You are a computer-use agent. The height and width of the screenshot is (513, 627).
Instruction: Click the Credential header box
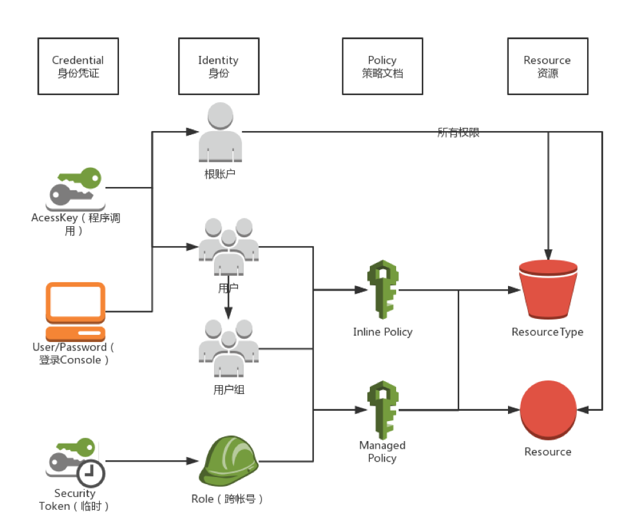[78, 66]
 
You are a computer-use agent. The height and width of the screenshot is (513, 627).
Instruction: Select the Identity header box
[219, 66]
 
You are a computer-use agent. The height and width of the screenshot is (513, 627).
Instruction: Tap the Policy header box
[382, 66]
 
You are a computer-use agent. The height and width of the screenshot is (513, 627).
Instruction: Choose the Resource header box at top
[547, 66]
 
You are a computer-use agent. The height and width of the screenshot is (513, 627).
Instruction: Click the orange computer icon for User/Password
[75, 311]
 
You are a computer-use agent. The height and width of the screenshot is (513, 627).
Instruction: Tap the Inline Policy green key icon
[382, 290]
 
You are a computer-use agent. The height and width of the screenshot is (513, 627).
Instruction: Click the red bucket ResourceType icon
[548, 290]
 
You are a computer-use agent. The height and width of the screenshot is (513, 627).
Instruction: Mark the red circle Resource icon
[548, 410]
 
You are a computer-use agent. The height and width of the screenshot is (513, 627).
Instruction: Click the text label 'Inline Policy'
[383, 332]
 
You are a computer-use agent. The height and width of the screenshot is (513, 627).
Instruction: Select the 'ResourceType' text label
[547, 332]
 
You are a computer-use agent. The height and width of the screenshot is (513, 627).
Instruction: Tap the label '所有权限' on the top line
[459, 133]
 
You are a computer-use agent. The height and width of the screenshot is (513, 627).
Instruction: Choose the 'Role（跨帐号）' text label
[228, 499]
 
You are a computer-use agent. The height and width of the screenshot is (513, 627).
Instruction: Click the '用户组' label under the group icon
[228, 390]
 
